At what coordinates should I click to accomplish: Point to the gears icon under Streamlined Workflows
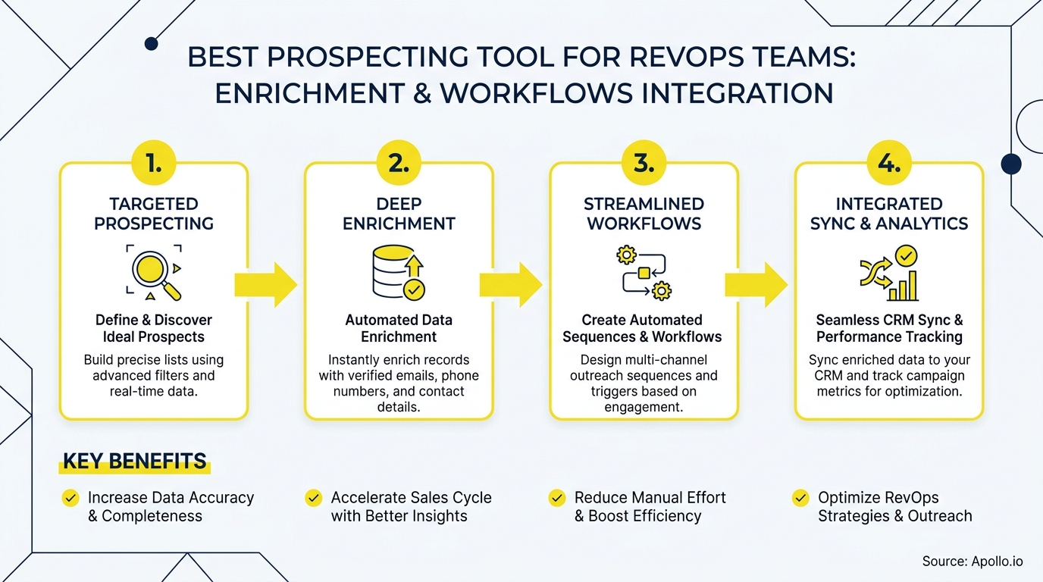(x=644, y=273)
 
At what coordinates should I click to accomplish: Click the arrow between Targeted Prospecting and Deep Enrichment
(x=265, y=285)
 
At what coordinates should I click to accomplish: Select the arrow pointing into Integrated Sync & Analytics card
(x=756, y=285)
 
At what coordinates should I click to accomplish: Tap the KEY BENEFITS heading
(x=134, y=462)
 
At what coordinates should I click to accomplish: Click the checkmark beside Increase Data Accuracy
(x=70, y=498)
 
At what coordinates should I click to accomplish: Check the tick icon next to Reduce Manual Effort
(x=557, y=498)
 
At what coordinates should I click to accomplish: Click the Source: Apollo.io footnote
(x=973, y=562)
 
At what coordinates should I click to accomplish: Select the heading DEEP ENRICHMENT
(x=399, y=214)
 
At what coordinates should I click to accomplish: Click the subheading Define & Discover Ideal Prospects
(x=154, y=328)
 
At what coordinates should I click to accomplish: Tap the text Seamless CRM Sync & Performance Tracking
(x=889, y=328)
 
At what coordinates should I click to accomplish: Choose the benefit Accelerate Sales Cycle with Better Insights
(x=411, y=507)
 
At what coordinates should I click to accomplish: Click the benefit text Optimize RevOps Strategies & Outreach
(x=894, y=507)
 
